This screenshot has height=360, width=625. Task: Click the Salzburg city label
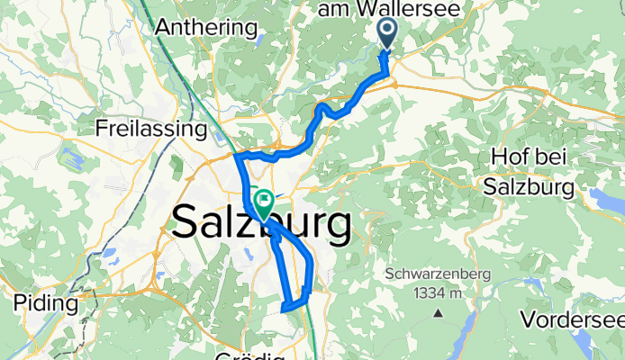click(x=260, y=222)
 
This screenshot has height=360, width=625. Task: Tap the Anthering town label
click(x=205, y=27)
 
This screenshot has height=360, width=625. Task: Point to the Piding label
click(x=37, y=303)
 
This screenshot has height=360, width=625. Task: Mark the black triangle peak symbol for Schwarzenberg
click(x=437, y=313)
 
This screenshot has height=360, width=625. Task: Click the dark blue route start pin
click(x=387, y=33)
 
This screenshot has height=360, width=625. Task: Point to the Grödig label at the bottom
click(x=270, y=355)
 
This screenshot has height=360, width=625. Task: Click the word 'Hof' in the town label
click(x=510, y=157)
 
